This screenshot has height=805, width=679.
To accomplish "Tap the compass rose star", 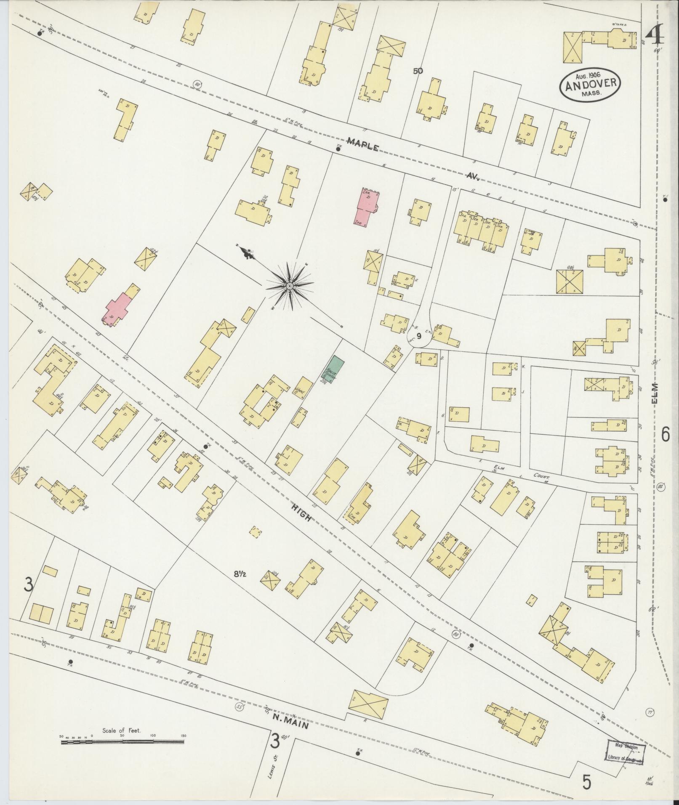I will [x=289, y=287].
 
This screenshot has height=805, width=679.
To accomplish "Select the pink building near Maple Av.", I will [x=366, y=206].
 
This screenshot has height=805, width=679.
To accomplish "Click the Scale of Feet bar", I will [x=122, y=742].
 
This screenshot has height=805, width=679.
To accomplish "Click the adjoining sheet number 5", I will [x=587, y=783].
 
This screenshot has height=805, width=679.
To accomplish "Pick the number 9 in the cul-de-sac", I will [x=418, y=336].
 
